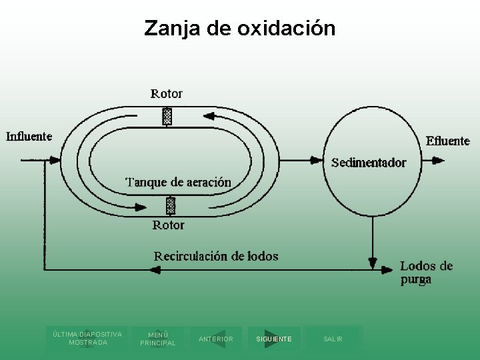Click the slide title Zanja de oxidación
pyautogui.click(x=240, y=29)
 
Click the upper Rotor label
pyautogui.click(x=167, y=93)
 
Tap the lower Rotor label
pyautogui.click(x=168, y=225)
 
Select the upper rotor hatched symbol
pyautogui.click(x=167, y=117)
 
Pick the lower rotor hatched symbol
pyautogui.click(x=171, y=205)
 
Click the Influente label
pyautogui.click(x=29, y=137)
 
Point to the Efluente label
pyautogui.click(x=448, y=141)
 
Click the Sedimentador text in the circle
pyautogui.click(x=369, y=162)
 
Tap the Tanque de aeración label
pyautogui.click(x=179, y=182)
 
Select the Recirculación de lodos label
pyautogui.click(x=216, y=256)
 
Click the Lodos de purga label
pyautogui.click(x=426, y=272)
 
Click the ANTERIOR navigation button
pyautogui.click(x=215, y=339)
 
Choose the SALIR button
pyautogui.click(x=333, y=339)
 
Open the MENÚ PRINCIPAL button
pyautogui.click(x=158, y=339)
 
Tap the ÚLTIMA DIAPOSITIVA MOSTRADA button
pyautogui.click(x=87, y=338)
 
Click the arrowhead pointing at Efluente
pyautogui.click(x=438, y=160)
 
